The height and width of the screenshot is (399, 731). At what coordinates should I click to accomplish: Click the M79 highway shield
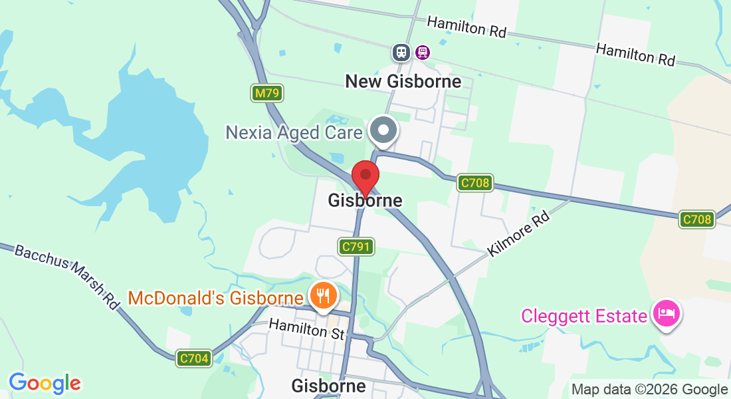pos(268,93)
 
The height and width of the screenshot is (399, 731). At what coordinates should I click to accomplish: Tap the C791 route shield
pos(356,247)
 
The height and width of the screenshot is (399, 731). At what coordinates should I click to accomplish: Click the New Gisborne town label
pos(403,81)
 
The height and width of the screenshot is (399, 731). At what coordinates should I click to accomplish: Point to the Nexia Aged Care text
pos(294,132)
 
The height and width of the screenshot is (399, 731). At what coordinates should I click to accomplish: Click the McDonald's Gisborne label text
pos(215,297)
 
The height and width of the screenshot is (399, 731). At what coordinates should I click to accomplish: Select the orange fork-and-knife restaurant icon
pos(323,295)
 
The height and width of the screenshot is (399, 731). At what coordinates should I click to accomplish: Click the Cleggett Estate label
pos(583,315)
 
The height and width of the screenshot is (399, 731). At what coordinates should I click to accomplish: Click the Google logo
pos(45,383)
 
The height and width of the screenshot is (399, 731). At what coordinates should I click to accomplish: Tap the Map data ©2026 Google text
pos(649,390)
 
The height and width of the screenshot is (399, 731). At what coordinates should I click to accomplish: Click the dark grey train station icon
pos(401,52)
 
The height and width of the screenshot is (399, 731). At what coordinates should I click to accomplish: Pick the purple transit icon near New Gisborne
pos(422,52)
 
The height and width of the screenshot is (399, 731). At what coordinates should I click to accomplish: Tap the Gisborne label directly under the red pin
pos(365,201)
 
